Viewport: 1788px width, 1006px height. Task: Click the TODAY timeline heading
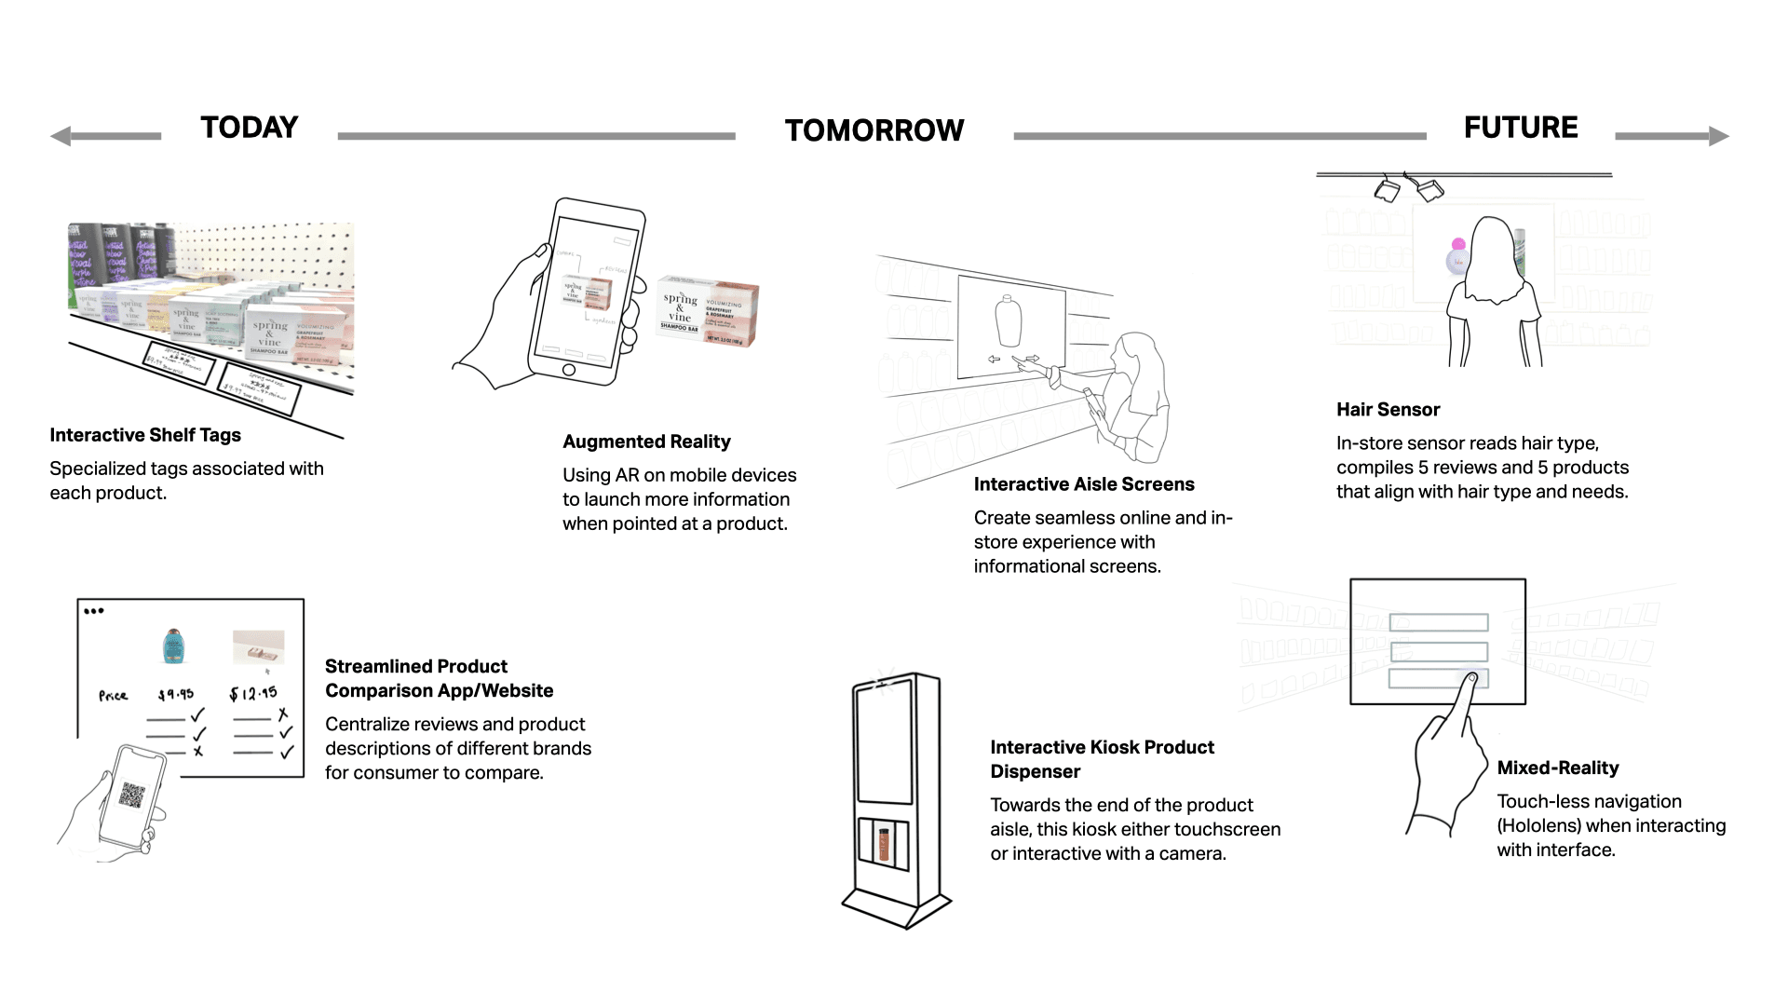coord(249,128)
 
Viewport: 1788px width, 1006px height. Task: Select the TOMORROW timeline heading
coord(874,130)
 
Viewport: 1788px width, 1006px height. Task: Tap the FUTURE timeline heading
coord(1520,128)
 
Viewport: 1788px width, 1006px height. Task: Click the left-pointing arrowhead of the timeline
coord(61,137)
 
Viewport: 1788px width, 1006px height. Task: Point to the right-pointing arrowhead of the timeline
coord(1719,137)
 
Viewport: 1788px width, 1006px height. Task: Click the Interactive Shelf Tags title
coord(145,435)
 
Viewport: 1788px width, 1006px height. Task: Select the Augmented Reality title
coord(646,442)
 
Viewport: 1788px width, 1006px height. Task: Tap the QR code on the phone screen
coord(132,795)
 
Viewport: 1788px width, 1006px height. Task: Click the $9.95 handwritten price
coord(176,694)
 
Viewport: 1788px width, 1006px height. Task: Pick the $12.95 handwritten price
coord(253,693)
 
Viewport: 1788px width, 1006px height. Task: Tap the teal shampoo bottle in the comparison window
coord(172,646)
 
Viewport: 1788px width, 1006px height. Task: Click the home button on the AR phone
coord(569,370)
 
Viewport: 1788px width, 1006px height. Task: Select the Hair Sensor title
coord(1388,410)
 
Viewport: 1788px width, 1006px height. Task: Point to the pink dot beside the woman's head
coord(1458,244)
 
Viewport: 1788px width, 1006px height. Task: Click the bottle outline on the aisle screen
coord(1009,321)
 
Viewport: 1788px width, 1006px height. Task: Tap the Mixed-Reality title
coord(1557,768)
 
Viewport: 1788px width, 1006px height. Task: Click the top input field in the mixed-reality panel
coord(1438,623)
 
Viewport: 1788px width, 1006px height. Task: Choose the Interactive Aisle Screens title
coord(1083,484)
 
